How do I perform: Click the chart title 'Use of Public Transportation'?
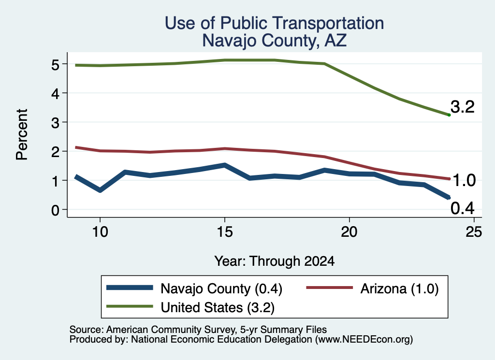[x=275, y=23]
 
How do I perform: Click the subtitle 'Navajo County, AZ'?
[x=275, y=41]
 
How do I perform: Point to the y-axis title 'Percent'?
[x=22, y=135]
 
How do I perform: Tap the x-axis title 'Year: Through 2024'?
[x=275, y=261]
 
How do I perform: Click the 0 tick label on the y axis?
[x=55, y=210]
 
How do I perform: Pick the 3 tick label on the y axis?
[x=55, y=122]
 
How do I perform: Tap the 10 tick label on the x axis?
[x=100, y=232]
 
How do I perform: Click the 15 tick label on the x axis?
[x=225, y=232]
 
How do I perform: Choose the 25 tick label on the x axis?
[x=474, y=232]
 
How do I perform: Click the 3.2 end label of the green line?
[x=463, y=107]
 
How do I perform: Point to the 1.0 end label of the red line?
[x=464, y=180]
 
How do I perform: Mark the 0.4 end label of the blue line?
[x=463, y=208]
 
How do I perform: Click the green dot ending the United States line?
[x=449, y=115]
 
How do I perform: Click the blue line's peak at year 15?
[x=225, y=165]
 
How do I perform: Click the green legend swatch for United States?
[x=130, y=306]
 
